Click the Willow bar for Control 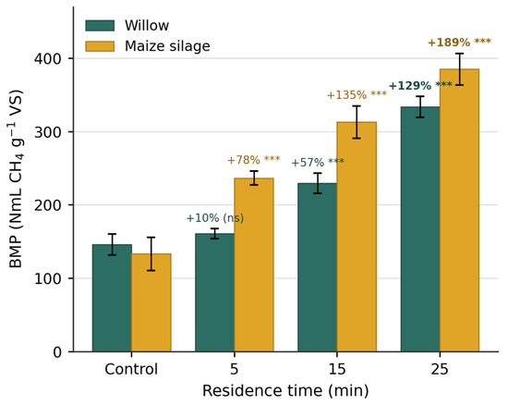coord(112,298)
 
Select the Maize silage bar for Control coord(151,302)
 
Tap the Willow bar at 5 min coord(215,292)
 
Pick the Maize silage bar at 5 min coord(254,264)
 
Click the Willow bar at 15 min coord(318,267)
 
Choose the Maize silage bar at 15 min coord(357,237)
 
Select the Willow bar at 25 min coord(420,229)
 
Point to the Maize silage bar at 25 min coord(459,210)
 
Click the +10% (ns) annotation coord(215,218)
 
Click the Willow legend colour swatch coord(100,26)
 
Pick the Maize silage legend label coord(167,46)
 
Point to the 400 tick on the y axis coord(48,58)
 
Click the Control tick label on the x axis coord(131,369)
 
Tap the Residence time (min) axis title coord(285,390)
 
